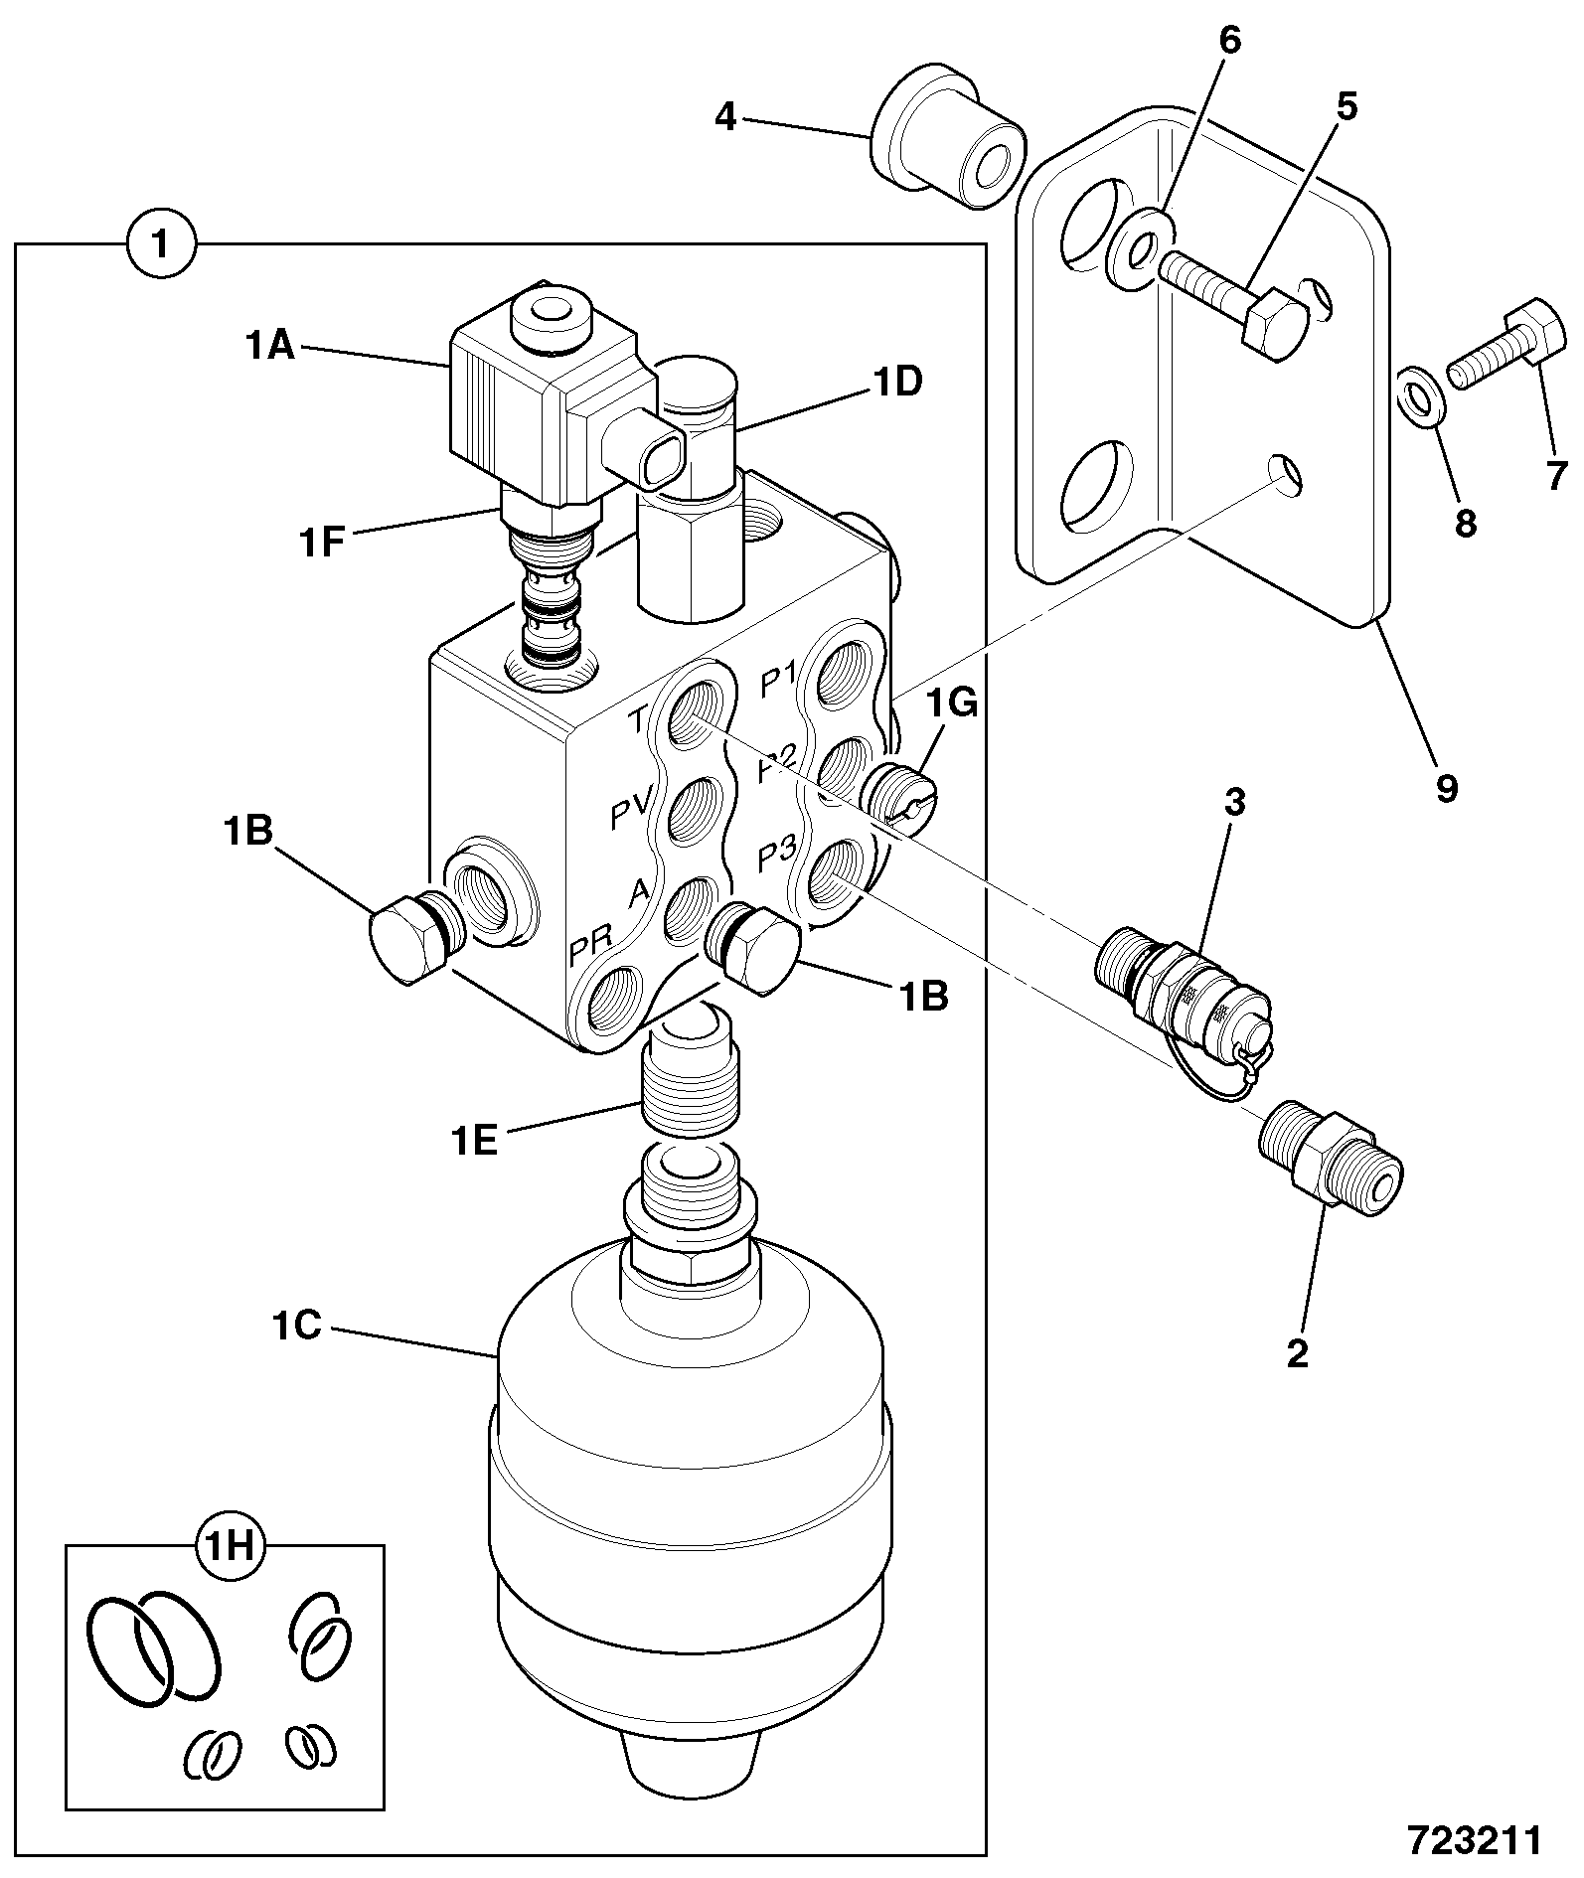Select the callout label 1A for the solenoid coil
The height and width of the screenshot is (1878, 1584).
click(269, 347)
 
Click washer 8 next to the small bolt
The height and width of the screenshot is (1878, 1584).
click(1419, 396)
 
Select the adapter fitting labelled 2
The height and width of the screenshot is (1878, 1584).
click(1332, 1156)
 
